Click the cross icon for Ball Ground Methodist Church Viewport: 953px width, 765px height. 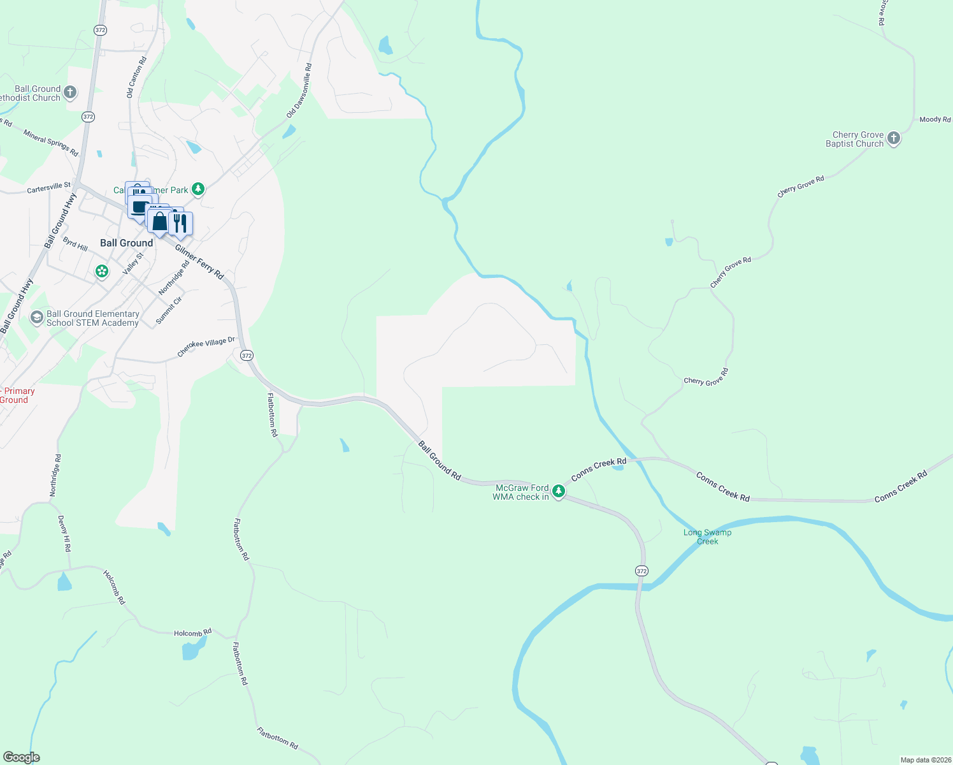(70, 92)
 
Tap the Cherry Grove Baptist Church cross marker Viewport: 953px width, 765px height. (893, 138)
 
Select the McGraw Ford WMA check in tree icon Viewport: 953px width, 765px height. (559, 491)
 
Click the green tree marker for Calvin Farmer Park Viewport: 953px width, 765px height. (198, 189)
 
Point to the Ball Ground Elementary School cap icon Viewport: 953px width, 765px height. (37, 317)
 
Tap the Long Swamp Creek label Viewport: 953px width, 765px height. (707, 537)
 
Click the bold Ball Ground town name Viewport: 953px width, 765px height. (127, 243)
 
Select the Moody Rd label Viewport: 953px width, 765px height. (935, 120)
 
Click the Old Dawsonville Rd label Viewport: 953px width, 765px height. (299, 91)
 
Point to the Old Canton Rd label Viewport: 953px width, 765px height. (136, 77)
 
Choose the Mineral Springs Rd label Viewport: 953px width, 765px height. (51, 143)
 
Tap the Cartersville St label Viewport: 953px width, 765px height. (49, 188)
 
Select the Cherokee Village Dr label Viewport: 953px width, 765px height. (206, 347)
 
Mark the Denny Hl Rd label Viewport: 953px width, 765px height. (64, 534)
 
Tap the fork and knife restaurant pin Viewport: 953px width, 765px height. (181, 223)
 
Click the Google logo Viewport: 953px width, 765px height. (22, 757)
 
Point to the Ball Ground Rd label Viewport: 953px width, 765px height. (440, 460)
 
